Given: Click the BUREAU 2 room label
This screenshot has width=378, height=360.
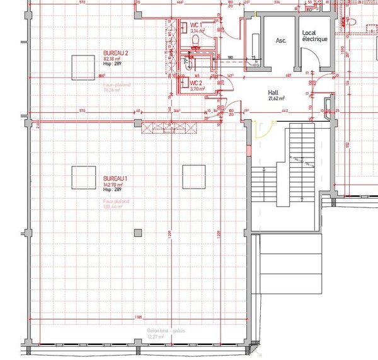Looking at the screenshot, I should click(x=115, y=52).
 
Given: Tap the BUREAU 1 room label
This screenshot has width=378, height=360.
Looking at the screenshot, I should click(x=115, y=178).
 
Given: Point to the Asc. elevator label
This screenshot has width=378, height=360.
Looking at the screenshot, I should click(x=282, y=40).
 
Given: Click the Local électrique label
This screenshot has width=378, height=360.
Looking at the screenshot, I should click(x=314, y=36).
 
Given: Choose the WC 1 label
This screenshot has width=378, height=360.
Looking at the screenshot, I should click(x=195, y=25).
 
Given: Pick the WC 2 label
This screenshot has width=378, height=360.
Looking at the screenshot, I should click(x=195, y=83).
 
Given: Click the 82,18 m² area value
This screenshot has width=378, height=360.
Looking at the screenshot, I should click(x=113, y=58).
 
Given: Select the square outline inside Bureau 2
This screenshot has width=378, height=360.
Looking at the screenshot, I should click(x=83, y=67).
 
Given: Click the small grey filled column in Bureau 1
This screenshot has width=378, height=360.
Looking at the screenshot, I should click(x=138, y=233).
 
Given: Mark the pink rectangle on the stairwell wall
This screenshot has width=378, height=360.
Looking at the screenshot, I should click(x=248, y=152).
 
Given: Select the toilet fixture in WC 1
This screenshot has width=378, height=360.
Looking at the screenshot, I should click(x=197, y=40).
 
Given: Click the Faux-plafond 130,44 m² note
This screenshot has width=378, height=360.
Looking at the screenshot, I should click(x=117, y=204).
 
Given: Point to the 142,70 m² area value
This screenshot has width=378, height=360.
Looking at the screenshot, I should click(x=114, y=184).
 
